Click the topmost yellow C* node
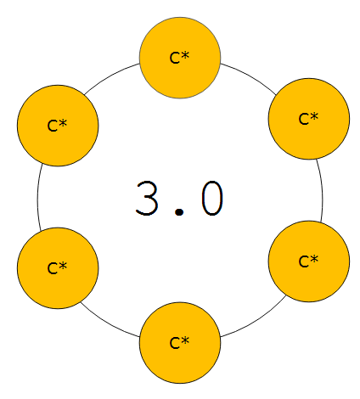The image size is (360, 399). coord(180,58)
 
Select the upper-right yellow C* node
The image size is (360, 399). coord(309,119)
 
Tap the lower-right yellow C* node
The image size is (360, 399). coord(309,261)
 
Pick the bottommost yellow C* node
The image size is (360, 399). coord(180,343)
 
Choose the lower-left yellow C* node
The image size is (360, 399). coord(58,267)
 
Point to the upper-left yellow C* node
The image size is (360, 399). coord(58,126)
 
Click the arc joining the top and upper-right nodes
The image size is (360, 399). coord(250,76)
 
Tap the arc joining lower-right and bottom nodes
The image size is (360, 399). coord(256,320)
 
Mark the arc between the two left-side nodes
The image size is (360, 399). coord(37,197)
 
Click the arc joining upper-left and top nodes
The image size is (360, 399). coord(110,76)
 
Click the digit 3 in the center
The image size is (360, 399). coord(147,198)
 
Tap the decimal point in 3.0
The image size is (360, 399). coord(179,211)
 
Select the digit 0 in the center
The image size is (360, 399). coord(212,198)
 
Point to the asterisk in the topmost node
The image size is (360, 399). coord(185,55)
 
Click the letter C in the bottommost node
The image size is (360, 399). coord(174,343)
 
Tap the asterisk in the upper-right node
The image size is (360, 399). coord(314,116)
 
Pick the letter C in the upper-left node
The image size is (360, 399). coord(52,126)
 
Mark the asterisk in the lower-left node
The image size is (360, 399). coord(63,265)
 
